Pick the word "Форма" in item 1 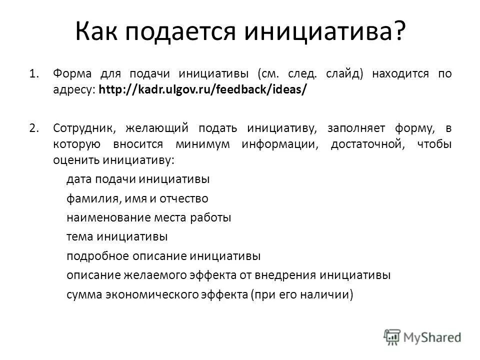point(70,74)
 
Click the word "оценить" point(76,160)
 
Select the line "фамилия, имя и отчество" point(137,198)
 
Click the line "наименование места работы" point(148,218)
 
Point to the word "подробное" point(97,256)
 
